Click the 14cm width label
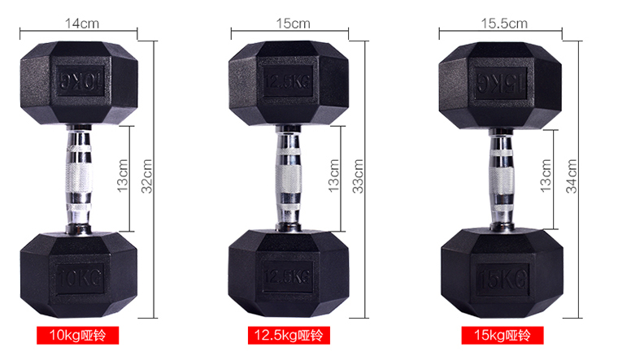pos(82,24)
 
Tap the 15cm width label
pos(293,24)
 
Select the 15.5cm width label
pos(504,24)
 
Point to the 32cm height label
pos(146,176)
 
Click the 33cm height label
pos(358,176)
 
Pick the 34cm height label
pos(571,176)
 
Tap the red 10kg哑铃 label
pos(77,336)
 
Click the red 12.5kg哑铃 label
pos(289,336)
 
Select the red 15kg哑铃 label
pos(503,336)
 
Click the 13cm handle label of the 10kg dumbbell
pos(123,176)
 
